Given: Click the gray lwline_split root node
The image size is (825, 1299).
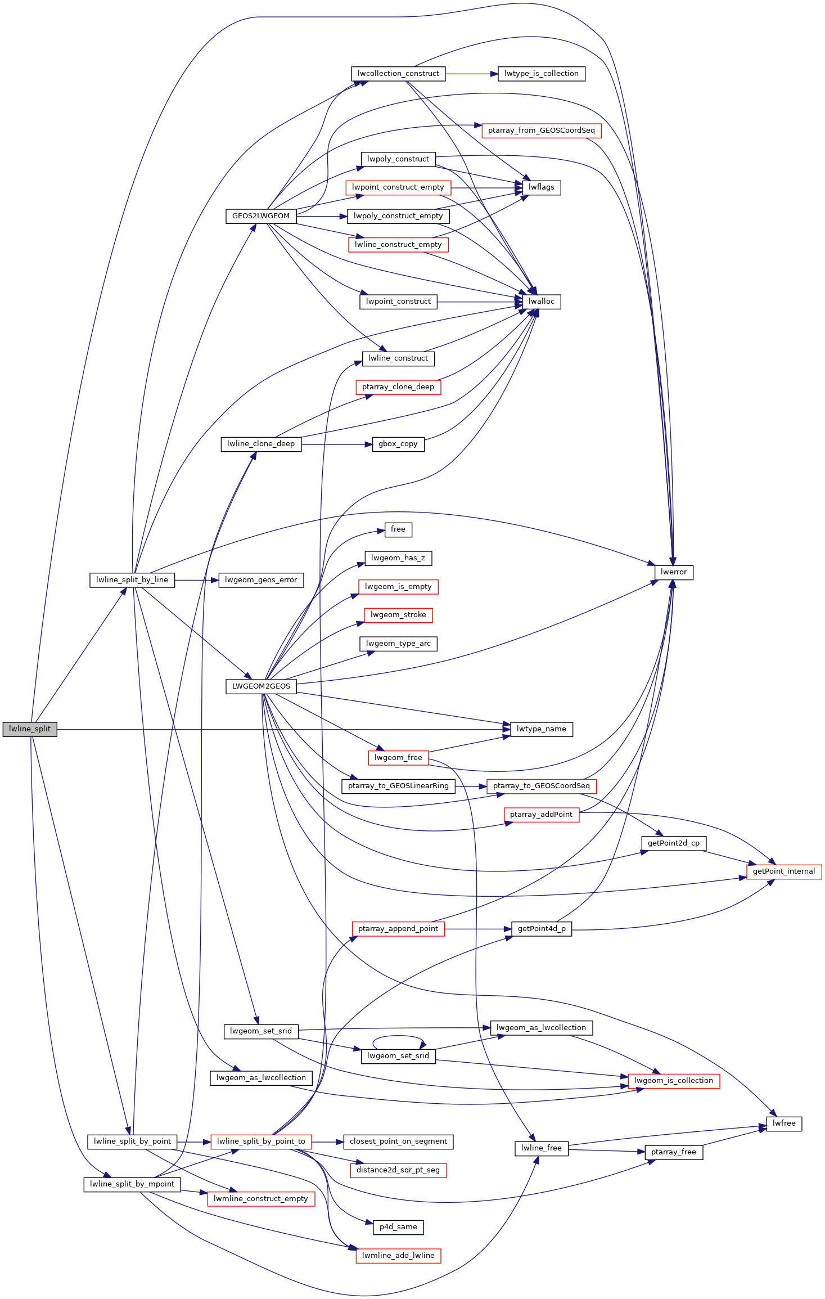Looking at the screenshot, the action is click(x=30, y=729).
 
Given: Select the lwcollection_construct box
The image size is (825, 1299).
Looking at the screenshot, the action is click(x=398, y=74).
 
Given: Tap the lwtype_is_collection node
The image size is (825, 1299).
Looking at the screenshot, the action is click(x=541, y=74).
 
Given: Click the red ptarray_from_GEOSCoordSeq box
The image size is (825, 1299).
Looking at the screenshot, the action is click(x=541, y=131).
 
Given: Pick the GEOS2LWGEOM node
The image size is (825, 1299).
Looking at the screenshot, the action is click(x=261, y=216).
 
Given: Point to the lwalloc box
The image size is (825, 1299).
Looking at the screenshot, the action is click(x=541, y=302).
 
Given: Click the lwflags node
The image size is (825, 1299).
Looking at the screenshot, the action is click(x=541, y=187).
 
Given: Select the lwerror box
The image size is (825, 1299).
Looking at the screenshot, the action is click(x=674, y=572).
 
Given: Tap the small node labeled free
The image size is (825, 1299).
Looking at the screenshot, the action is click(x=398, y=529).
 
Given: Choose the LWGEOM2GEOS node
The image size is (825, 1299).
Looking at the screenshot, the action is click(x=261, y=686).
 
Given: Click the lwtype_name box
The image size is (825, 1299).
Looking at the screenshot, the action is click(x=541, y=729).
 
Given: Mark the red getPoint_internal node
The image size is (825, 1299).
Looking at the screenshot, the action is click(x=784, y=871).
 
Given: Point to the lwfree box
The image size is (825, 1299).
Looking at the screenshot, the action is click(x=784, y=1123).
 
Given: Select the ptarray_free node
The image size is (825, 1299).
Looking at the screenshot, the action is click(x=674, y=1152).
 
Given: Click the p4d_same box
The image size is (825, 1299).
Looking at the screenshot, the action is click(x=398, y=1227).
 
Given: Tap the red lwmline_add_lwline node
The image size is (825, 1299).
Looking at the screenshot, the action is click(x=398, y=1256).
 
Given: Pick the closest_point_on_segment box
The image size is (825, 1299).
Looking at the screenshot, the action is click(x=398, y=1141).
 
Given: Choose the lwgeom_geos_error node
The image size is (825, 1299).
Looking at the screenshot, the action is click(x=261, y=580).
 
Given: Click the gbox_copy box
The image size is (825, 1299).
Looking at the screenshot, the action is click(x=398, y=444).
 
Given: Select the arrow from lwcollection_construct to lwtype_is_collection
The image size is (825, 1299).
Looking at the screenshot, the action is click(x=472, y=74).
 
